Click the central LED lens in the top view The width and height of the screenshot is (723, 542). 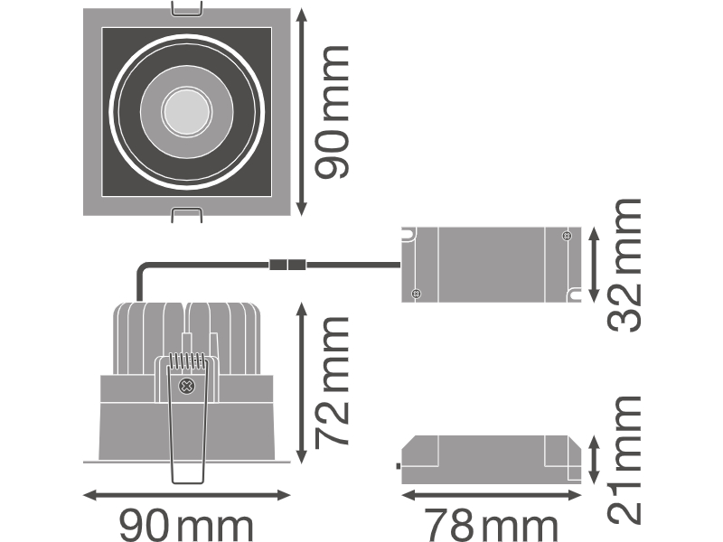pyautogui.click(x=187, y=111)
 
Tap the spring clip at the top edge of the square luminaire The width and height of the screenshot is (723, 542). pyautogui.click(x=187, y=9)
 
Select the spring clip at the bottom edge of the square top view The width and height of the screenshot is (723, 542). pyautogui.click(x=187, y=215)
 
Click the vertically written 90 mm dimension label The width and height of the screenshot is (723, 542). pyautogui.click(x=332, y=112)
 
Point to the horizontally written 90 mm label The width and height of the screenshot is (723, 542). pyautogui.click(x=186, y=524)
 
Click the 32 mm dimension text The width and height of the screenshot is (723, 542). pyautogui.click(x=624, y=265)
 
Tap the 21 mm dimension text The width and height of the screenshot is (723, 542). pyautogui.click(x=624, y=460)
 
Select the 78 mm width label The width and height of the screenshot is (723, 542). pyautogui.click(x=491, y=524)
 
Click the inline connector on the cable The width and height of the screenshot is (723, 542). pyautogui.click(x=287, y=265)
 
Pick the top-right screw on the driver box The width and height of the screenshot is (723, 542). pyautogui.click(x=567, y=236)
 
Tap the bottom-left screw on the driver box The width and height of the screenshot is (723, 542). pyautogui.click(x=416, y=293)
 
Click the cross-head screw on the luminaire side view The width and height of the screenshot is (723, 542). pyautogui.click(x=187, y=386)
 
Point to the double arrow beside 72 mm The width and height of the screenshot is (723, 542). pyautogui.click(x=302, y=383)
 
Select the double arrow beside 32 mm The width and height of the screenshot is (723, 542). pyautogui.click(x=594, y=265)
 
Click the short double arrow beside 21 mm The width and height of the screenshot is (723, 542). pyautogui.click(x=594, y=460)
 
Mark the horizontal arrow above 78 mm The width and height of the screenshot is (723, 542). pyautogui.click(x=492, y=495)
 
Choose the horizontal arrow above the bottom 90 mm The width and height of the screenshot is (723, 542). pyautogui.click(x=187, y=495)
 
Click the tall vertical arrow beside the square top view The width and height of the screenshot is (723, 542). pyautogui.click(x=302, y=112)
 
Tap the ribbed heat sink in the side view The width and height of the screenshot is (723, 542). pyautogui.click(x=187, y=338)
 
